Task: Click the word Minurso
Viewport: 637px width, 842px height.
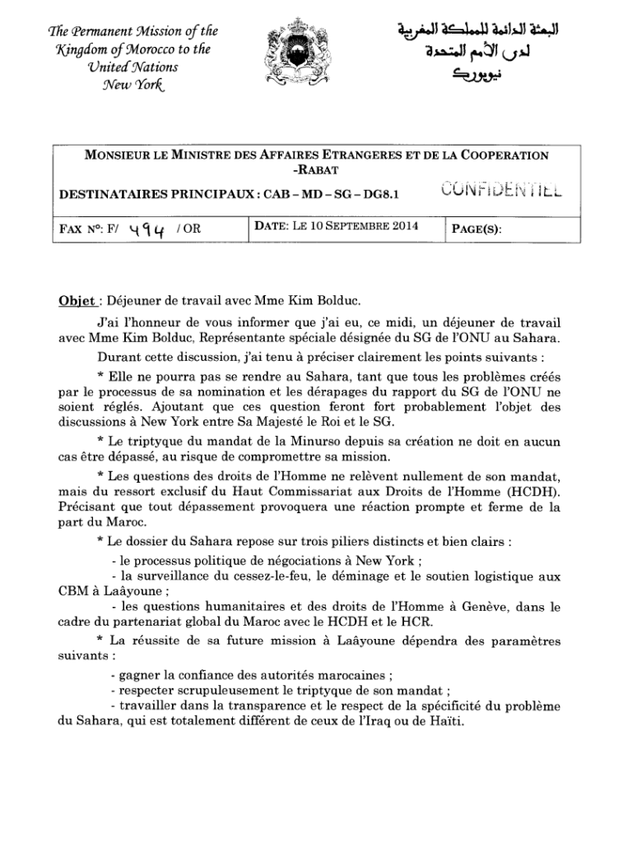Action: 310,441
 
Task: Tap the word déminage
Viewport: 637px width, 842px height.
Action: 370,574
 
